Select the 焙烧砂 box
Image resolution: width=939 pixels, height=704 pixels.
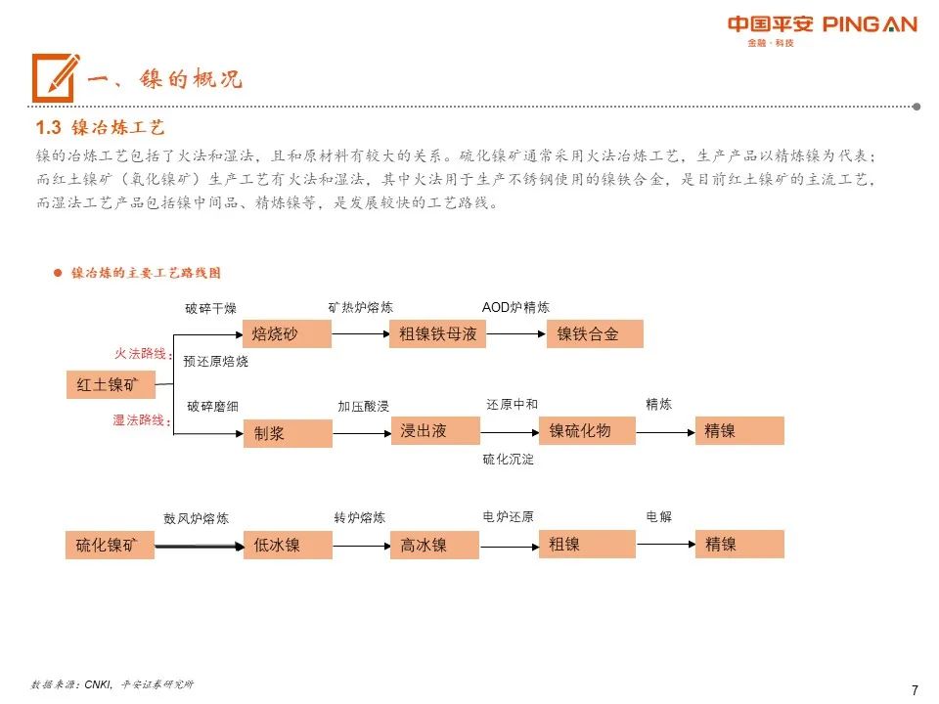[287, 334]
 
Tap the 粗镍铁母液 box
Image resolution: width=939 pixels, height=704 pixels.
[433, 334]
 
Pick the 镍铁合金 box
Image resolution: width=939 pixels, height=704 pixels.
[595, 334]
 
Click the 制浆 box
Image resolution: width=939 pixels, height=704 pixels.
[287, 433]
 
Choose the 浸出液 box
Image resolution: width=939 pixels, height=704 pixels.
[433, 430]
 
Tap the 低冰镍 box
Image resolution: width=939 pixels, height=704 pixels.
[287, 546]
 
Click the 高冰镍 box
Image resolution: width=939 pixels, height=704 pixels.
[433, 546]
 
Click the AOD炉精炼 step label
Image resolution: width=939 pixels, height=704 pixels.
[515, 307]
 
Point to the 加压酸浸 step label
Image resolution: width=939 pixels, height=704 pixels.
[363, 406]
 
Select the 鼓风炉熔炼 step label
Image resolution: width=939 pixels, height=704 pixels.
[196, 518]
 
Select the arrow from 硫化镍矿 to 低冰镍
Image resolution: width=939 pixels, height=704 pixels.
[199, 546]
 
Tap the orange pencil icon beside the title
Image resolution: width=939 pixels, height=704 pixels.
[54, 77]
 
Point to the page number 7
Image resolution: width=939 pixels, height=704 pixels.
[915, 689]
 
